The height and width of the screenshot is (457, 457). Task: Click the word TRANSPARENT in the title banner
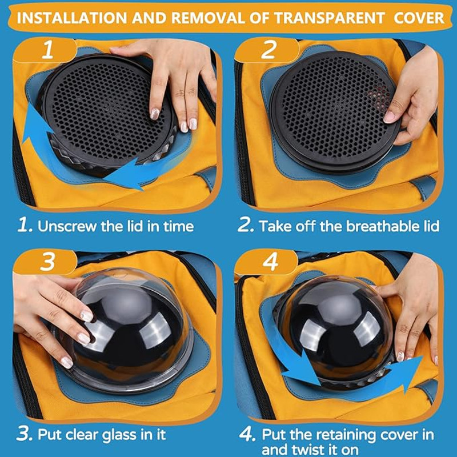(330, 18)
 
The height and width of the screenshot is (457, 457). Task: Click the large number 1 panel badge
(47, 50)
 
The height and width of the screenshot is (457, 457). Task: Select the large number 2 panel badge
(268, 50)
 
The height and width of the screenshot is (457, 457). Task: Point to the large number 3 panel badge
(47, 262)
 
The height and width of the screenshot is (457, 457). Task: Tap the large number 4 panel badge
(270, 262)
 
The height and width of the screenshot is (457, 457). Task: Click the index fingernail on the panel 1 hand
(155, 113)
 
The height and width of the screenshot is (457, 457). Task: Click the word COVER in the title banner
(419, 18)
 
